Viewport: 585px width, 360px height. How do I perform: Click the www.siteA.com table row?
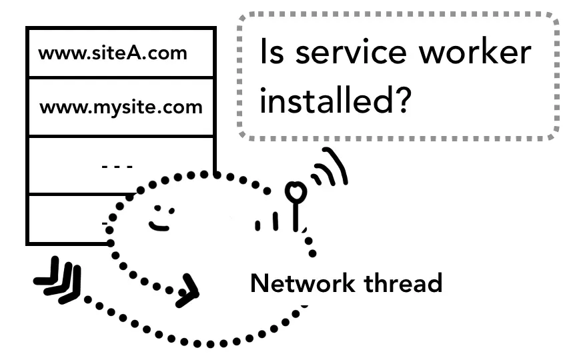121,53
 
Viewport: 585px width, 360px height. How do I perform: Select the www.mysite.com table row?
121,107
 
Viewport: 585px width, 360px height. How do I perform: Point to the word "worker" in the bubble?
482,53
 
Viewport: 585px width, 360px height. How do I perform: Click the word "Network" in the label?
302,283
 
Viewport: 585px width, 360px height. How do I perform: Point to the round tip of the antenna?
295,192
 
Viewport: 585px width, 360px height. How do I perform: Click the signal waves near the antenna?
330,169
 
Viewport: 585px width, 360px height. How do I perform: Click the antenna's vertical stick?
296,215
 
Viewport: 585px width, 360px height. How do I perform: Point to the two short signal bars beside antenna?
266,222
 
